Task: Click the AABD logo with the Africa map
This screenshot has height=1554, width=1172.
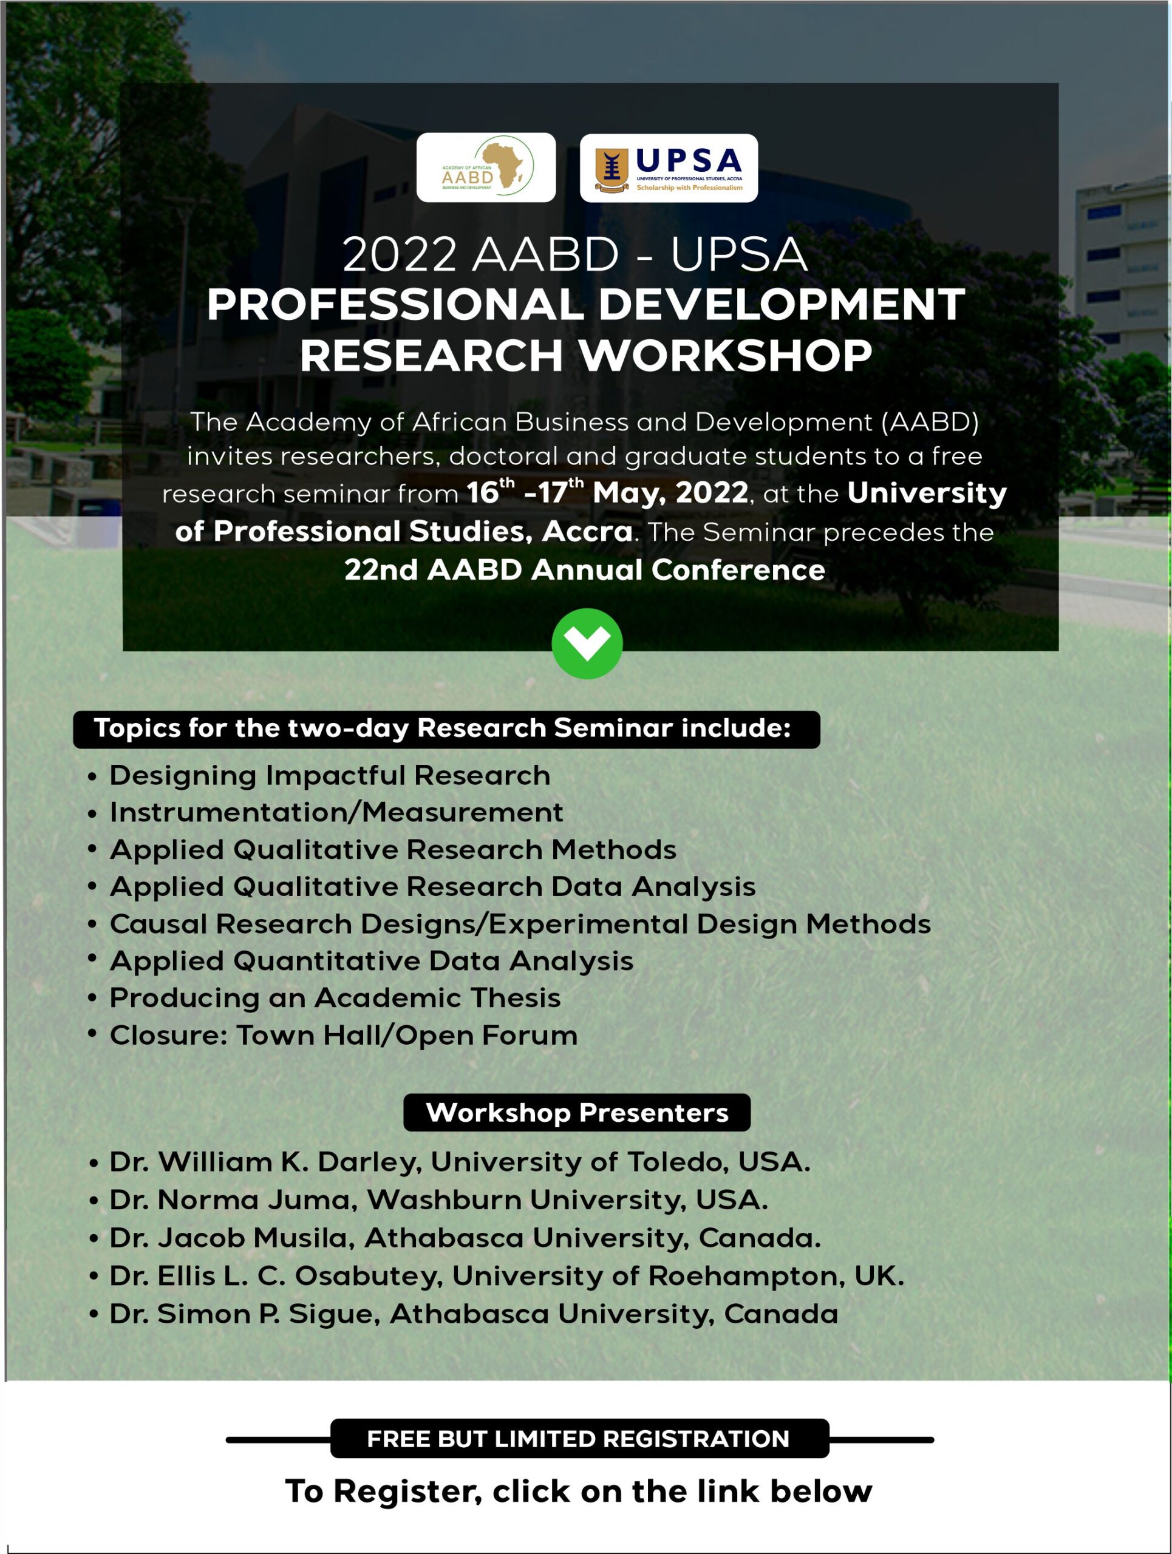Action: point(486,167)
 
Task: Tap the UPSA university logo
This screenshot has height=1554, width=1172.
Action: point(669,168)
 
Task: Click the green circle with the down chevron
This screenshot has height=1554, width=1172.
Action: point(587,643)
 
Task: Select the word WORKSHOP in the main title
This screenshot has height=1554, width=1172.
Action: point(726,356)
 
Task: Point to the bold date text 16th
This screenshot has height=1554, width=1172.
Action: point(491,492)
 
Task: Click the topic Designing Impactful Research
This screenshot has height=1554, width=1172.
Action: point(330,776)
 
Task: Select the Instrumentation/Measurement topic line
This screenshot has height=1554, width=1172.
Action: point(336,812)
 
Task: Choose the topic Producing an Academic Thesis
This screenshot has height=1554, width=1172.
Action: point(335,997)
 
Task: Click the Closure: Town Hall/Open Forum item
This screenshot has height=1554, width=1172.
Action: point(344,1035)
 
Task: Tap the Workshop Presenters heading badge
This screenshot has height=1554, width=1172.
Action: point(577,1113)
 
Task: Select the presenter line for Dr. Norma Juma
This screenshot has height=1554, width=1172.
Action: point(438,1200)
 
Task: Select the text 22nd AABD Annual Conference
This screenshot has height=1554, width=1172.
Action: point(585,570)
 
